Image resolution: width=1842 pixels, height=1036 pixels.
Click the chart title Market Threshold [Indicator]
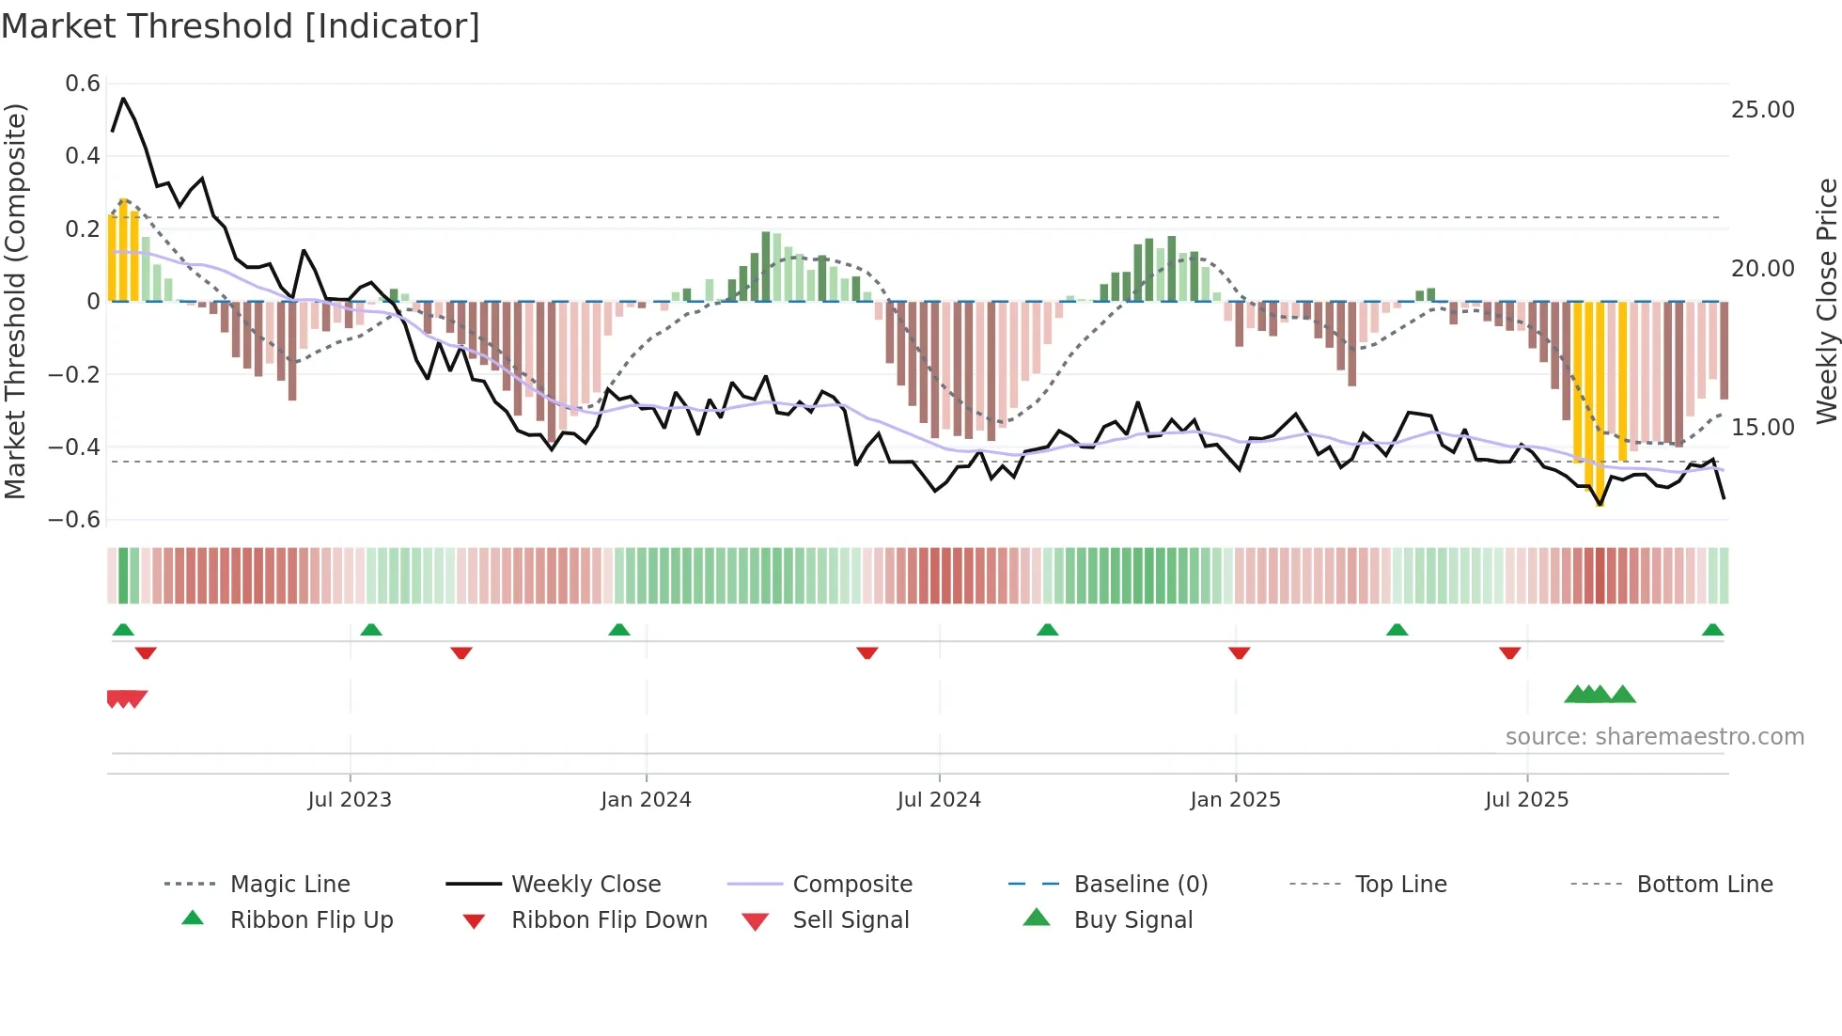[241, 26]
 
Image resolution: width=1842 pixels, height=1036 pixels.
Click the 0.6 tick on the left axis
[83, 84]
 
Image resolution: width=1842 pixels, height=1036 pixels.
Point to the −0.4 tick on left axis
[74, 447]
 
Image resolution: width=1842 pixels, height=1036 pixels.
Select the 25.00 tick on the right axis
[1762, 110]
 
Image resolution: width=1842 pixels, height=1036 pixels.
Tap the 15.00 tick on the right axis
[1762, 428]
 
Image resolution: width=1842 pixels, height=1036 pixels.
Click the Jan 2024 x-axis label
[646, 800]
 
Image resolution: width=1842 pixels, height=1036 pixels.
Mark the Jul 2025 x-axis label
[1526, 800]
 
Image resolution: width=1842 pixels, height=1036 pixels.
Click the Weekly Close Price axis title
[1826, 301]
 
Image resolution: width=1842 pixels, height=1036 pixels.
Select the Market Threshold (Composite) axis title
[15, 301]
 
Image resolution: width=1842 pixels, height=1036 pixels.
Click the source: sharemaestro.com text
[1654, 737]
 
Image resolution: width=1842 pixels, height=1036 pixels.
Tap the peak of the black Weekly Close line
[123, 98]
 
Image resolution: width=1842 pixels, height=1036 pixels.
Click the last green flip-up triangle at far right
[1712, 630]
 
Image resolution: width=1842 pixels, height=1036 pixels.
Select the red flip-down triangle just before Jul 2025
[1509, 652]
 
